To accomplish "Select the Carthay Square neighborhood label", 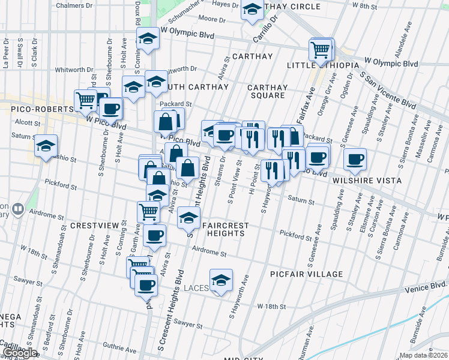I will click(267, 91).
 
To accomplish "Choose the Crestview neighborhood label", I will click(91, 225).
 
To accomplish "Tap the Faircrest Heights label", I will click(225, 230).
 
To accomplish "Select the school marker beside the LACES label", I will click(221, 280).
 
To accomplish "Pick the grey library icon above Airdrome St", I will click(17, 209).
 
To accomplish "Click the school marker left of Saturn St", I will click(46, 146).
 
